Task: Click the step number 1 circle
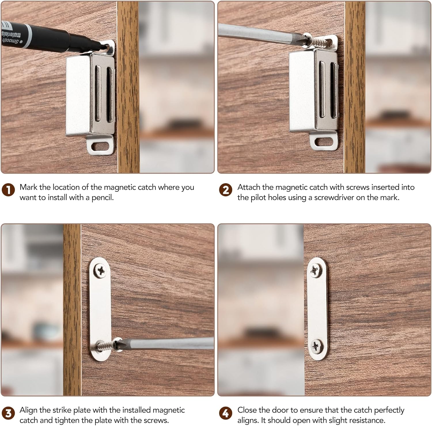(x=8, y=190)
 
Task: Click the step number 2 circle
(x=226, y=190)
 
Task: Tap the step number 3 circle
(x=8, y=413)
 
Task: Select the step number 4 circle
(x=226, y=413)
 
